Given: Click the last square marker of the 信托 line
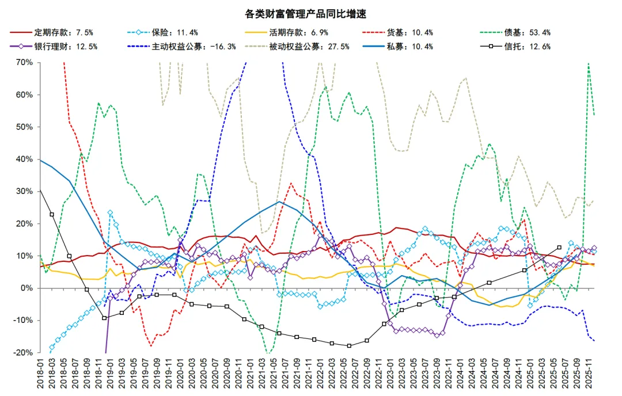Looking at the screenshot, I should tap(559, 247).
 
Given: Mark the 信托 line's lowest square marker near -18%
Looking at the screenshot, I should tap(349, 346).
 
